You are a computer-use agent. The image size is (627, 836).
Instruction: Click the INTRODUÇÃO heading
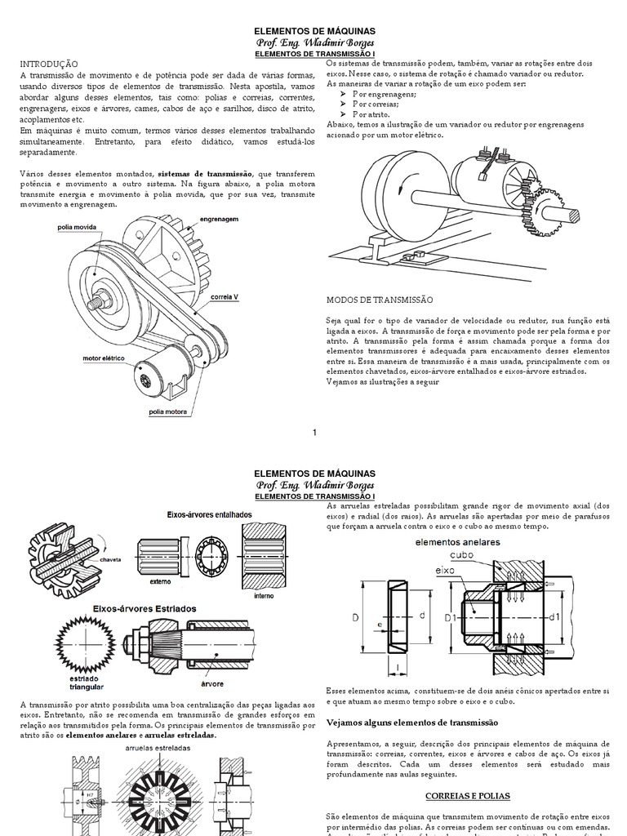click(48, 63)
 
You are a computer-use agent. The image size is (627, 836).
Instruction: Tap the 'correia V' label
click(225, 296)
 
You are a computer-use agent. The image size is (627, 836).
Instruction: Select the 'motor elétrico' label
click(102, 358)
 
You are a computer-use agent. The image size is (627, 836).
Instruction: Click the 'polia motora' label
click(167, 411)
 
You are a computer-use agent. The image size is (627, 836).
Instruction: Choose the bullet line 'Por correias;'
click(376, 104)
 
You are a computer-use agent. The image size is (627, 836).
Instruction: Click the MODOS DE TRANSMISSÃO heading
click(379, 300)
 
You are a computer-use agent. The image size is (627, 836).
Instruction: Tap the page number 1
click(314, 432)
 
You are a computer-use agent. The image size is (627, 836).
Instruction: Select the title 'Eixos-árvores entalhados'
click(210, 514)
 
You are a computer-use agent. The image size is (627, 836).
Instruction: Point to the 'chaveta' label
click(112, 561)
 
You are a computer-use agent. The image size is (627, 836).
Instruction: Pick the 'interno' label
click(263, 596)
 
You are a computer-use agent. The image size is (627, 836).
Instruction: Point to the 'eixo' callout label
click(445, 570)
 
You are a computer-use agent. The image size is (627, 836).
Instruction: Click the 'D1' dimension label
click(450, 618)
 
